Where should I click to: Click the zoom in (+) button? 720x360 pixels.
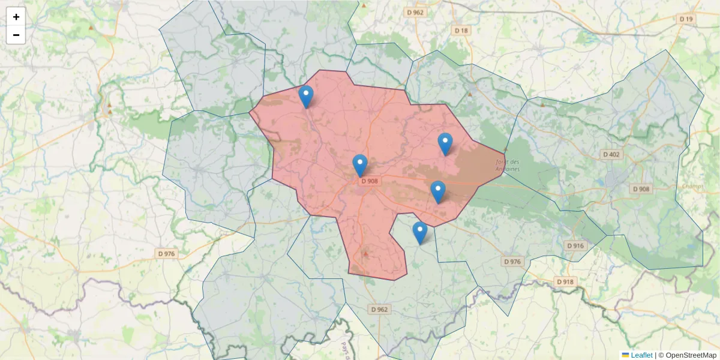coord(16,17)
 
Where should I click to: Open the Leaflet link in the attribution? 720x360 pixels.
coord(641,355)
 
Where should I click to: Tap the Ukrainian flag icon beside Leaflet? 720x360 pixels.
coord(625,355)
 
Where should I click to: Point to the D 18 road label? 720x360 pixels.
coord(461,30)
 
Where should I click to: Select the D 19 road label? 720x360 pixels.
coord(686,19)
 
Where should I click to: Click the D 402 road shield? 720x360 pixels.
coord(613,154)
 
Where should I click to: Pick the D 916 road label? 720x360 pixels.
coord(575,245)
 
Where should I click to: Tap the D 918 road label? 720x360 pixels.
coord(565,281)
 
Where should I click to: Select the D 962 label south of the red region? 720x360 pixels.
coord(379,310)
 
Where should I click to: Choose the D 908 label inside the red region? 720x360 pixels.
coord(370,181)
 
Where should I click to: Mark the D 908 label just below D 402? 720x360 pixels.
coord(640,189)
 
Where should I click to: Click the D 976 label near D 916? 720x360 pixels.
coord(512,261)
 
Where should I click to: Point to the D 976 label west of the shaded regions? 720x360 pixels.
coord(166,254)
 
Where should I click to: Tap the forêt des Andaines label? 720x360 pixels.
coord(508,165)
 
